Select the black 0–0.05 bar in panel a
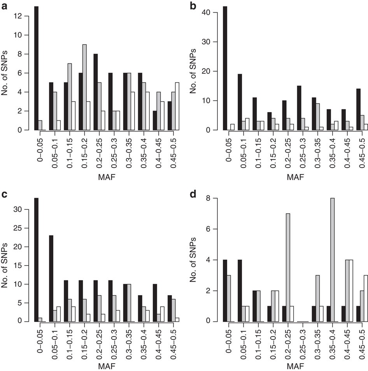point(36,68)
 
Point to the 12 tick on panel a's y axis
point(23,16)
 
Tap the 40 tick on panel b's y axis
point(212,12)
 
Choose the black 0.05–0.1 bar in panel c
point(51,278)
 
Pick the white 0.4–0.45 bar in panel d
point(352,290)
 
